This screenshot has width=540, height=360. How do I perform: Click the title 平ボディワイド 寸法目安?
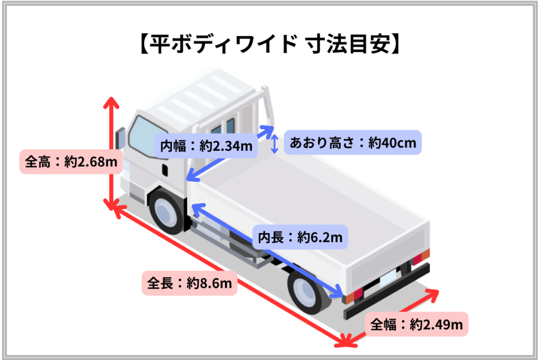pos(269,44)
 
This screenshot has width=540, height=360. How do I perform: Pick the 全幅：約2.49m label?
pos(416,324)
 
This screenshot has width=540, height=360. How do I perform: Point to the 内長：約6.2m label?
pos(300,238)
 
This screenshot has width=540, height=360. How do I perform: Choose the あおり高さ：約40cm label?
pos(353,142)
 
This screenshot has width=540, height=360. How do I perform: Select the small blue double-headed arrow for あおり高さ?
pos(274,143)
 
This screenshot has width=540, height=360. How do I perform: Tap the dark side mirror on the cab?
pos(119,139)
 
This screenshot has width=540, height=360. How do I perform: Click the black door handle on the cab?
pos(165,170)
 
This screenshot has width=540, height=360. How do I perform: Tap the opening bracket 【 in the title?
pos(142,44)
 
